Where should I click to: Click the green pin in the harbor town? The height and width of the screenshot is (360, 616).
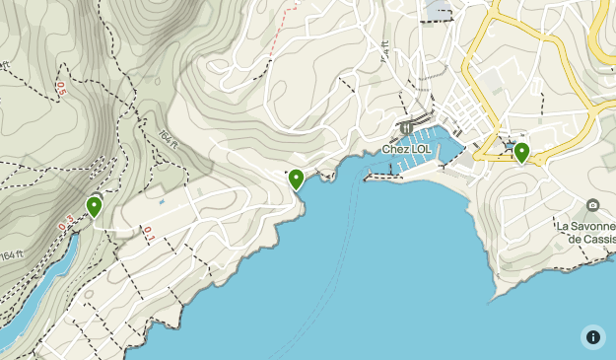point(521,152)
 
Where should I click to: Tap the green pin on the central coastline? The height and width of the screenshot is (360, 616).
point(296,180)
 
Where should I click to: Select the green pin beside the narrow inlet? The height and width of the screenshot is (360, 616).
point(94,206)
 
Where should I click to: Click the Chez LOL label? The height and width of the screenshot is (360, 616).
point(406,150)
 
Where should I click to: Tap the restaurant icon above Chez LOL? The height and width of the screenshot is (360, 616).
point(405,129)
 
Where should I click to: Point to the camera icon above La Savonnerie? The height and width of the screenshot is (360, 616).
point(592,205)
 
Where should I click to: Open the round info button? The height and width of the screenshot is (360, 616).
point(592,336)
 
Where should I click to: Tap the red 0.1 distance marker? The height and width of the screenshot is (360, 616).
point(148,234)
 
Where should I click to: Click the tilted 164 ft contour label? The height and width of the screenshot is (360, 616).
point(168,142)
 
